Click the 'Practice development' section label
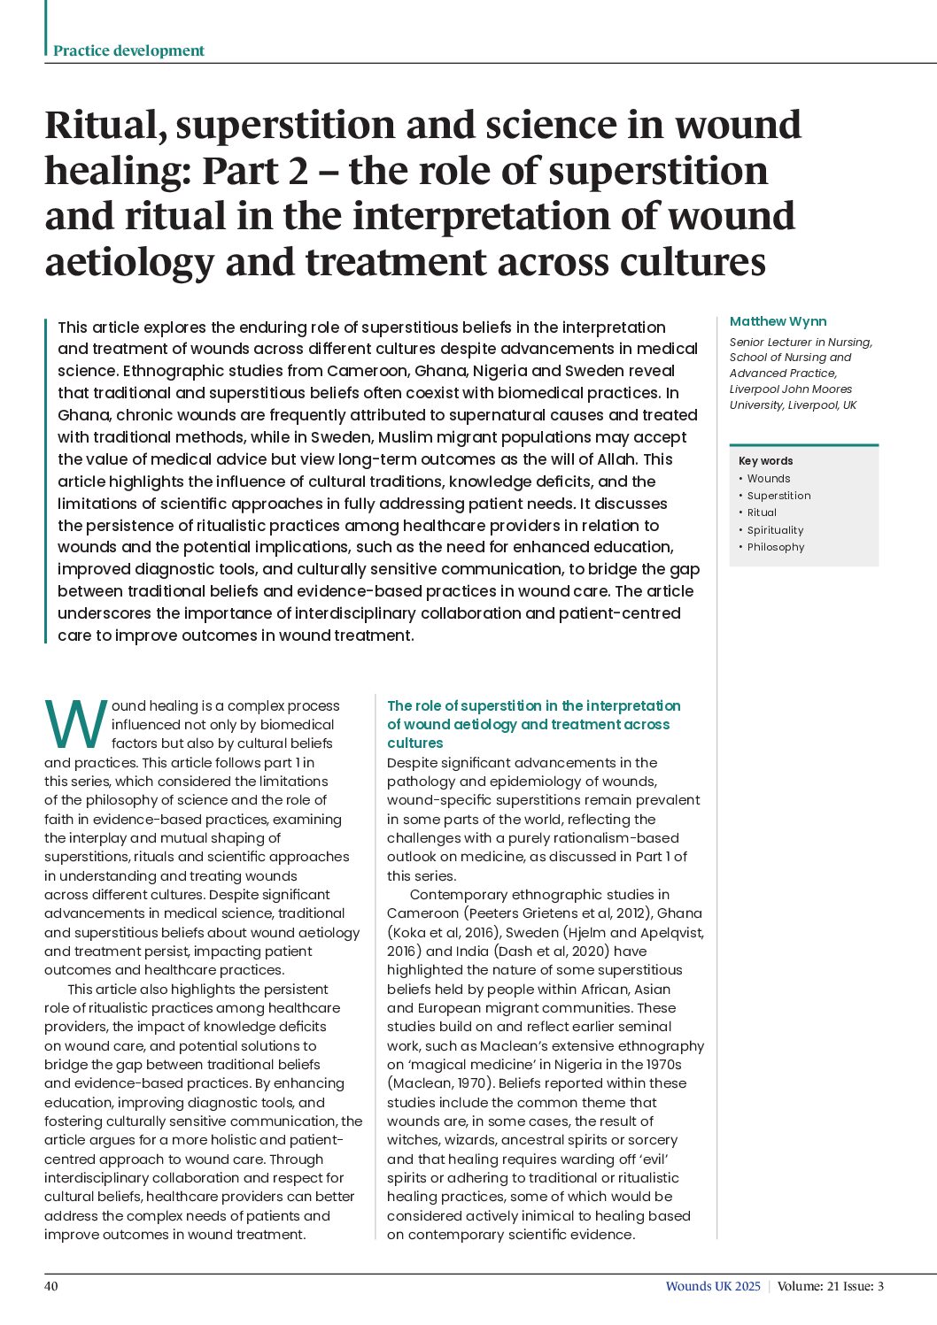click(x=128, y=50)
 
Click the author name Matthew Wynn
click(x=778, y=321)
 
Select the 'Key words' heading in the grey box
click(x=765, y=461)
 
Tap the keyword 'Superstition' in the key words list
click(x=778, y=496)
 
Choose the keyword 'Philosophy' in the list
click(x=776, y=547)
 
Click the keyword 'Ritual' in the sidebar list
click(x=762, y=512)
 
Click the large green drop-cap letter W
click(x=76, y=726)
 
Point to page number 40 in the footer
click(x=51, y=1286)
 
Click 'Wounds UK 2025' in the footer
click(x=713, y=1286)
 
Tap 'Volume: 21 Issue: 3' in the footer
click(x=831, y=1286)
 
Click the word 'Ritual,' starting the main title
click(x=105, y=126)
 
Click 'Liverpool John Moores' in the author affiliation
click(x=791, y=389)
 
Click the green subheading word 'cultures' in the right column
click(x=414, y=743)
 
